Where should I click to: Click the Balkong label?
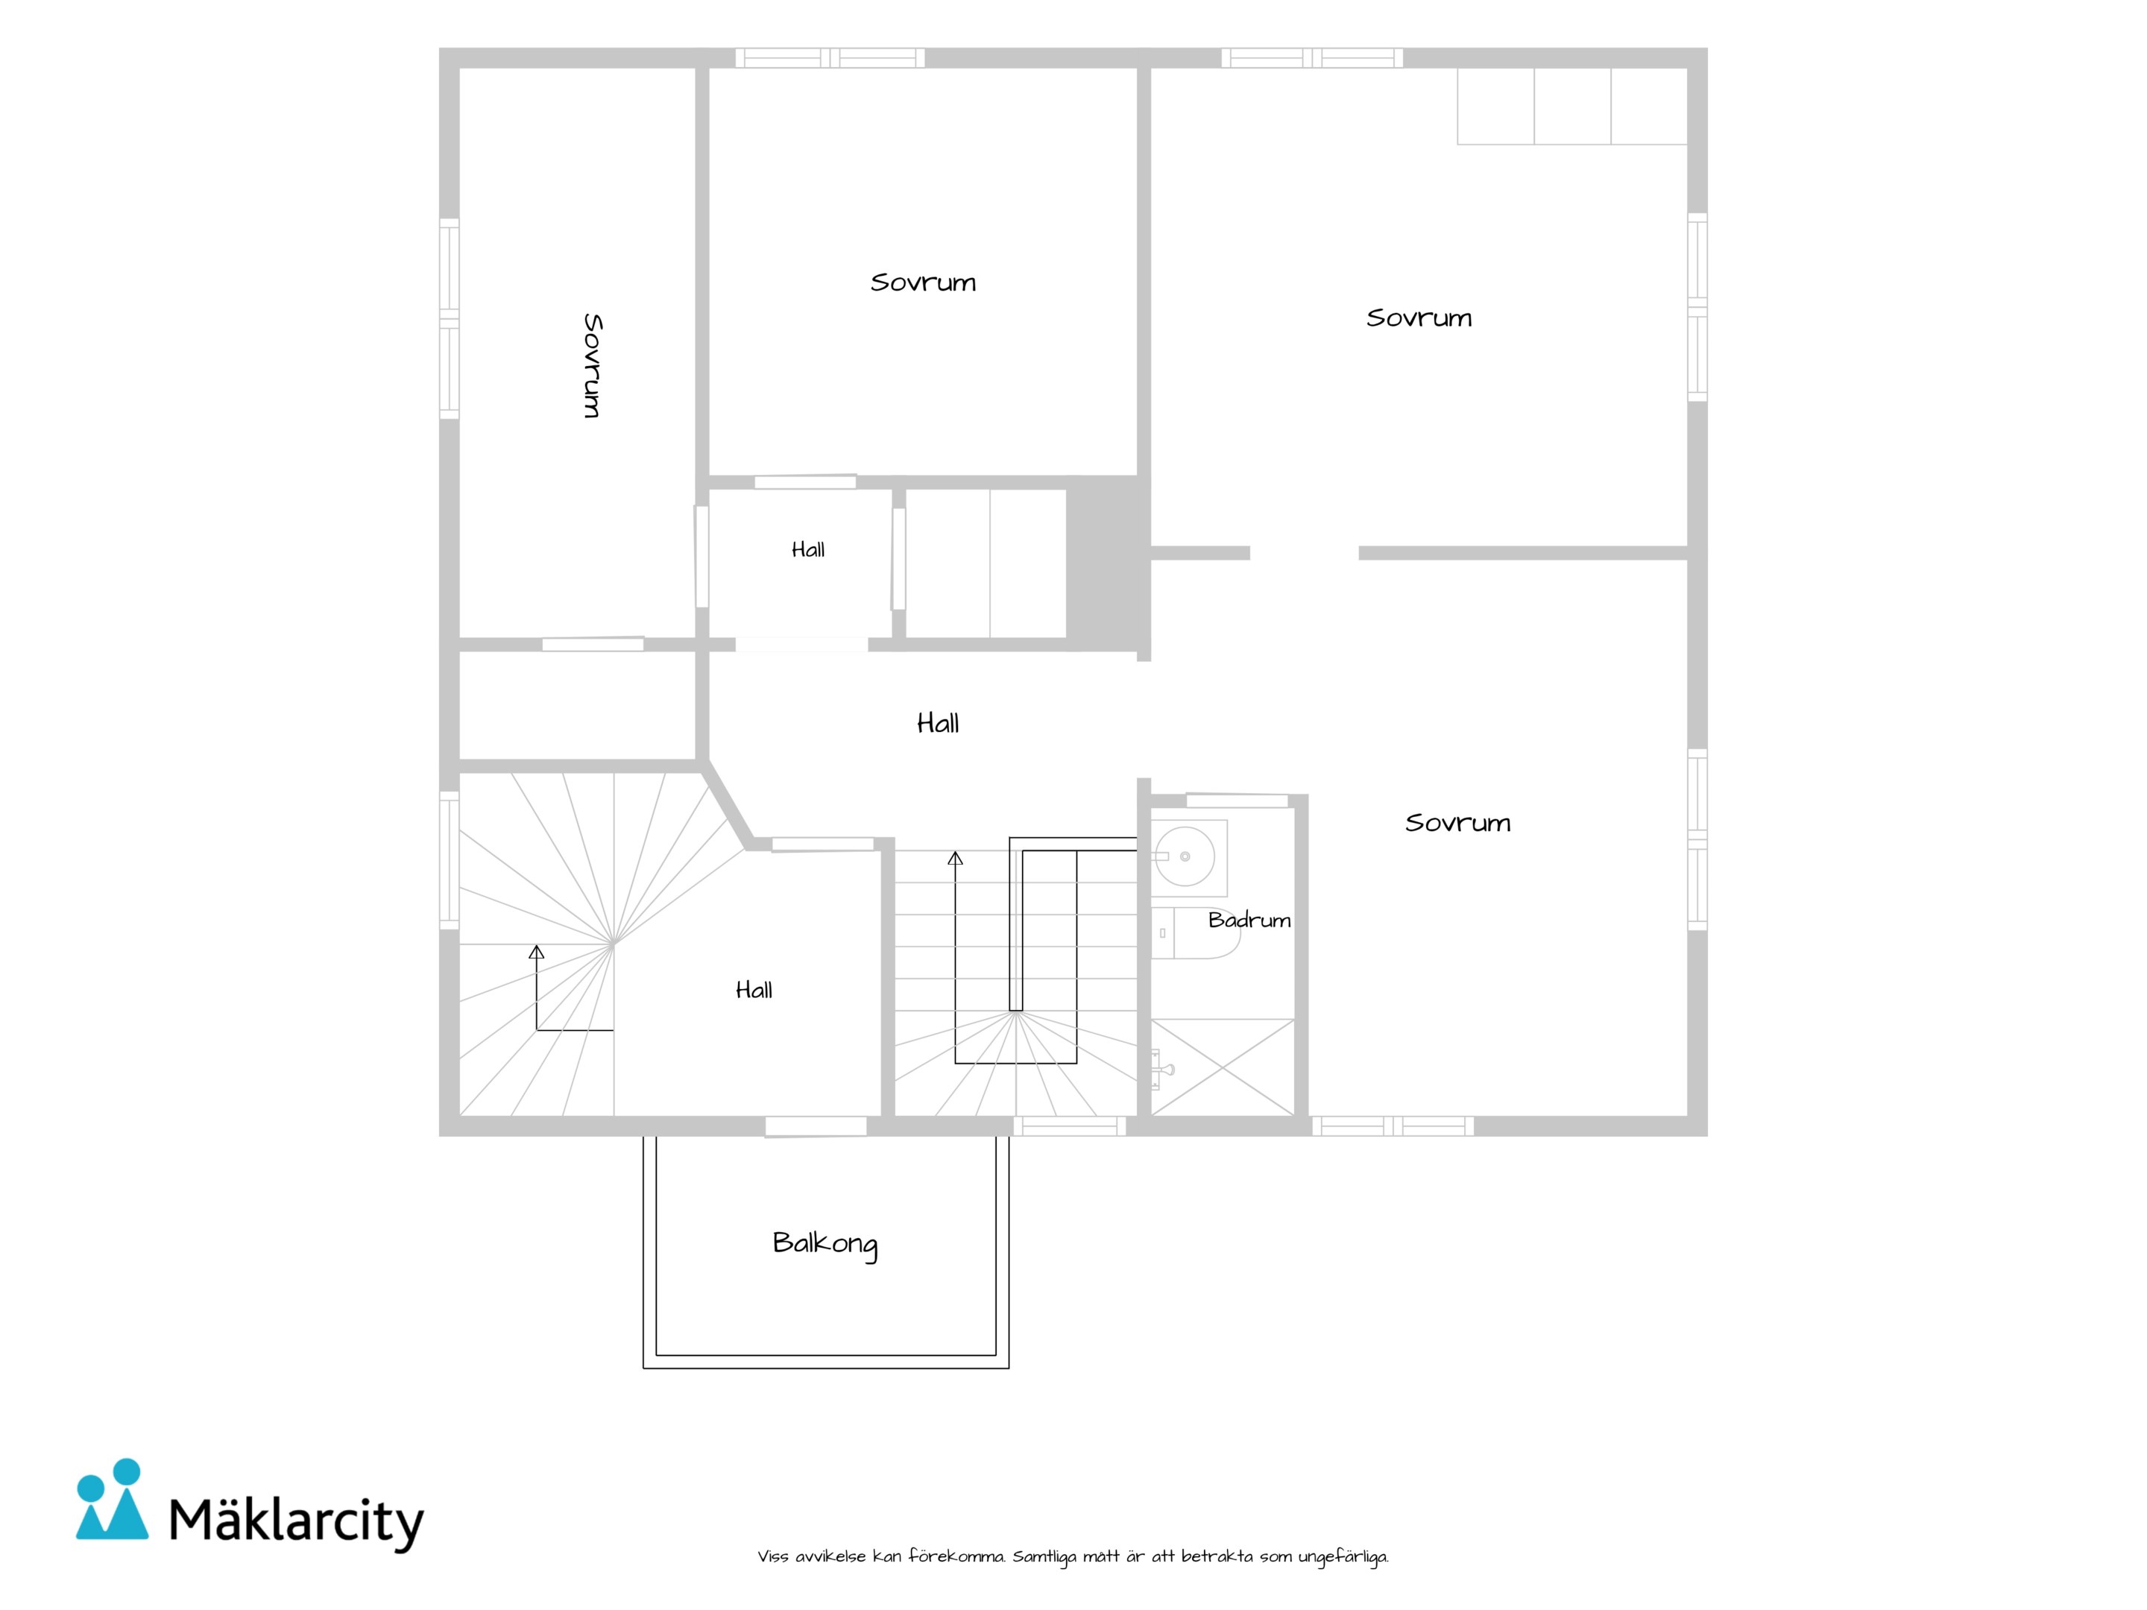pyautogui.click(x=825, y=1244)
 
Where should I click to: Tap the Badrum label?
pyautogui.click(x=1249, y=920)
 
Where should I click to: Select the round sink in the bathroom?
pyautogui.click(x=1185, y=856)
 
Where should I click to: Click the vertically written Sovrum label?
pyautogui.click(x=592, y=366)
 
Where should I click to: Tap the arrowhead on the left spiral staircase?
pyautogui.click(x=537, y=952)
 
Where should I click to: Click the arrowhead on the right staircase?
pyautogui.click(x=955, y=859)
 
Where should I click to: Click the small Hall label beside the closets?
pyautogui.click(x=807, y=550)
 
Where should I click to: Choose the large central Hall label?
pyautogui.click(x=938, y=723)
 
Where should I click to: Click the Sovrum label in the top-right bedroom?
pyautogui.click(x=1419, y=318)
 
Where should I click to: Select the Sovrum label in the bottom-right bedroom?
pyautogui.click(x=1458, y=823)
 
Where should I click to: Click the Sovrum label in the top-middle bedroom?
pyautogui.click(x=923, y=282)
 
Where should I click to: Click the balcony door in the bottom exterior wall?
pyautogui.click(x=816, y=1127)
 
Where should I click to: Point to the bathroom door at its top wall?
pyautogui.click(x=1238, y=801)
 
